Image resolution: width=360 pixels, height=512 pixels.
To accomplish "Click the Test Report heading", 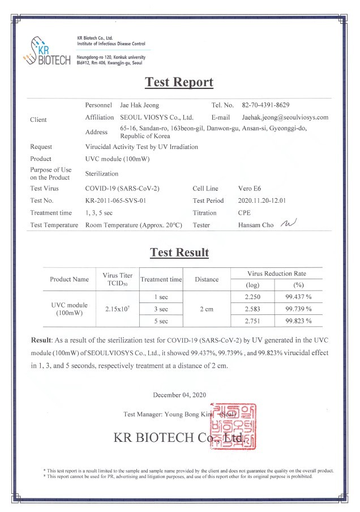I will [x=179, y=82].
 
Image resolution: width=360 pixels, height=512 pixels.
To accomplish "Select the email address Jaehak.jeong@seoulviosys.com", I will [x=285, y=118].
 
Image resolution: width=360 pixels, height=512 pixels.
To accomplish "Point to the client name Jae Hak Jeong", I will [x=139, y=105].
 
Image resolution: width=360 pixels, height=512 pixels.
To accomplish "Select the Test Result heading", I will [x=179, y=253].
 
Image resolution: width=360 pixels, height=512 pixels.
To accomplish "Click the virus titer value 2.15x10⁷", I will [x=118, y=309].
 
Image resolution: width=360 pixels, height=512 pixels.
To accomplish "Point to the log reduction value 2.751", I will [x=253, y=321].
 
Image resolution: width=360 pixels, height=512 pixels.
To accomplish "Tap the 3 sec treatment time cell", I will [x=161, y=309].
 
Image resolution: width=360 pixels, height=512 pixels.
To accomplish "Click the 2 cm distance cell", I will [x=206, y=309].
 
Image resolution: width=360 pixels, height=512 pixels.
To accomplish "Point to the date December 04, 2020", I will [x=179, y=394].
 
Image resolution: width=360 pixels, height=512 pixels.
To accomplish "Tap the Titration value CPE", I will [x=245, y=213].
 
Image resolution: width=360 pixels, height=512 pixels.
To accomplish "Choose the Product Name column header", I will [x=70, y=279].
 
